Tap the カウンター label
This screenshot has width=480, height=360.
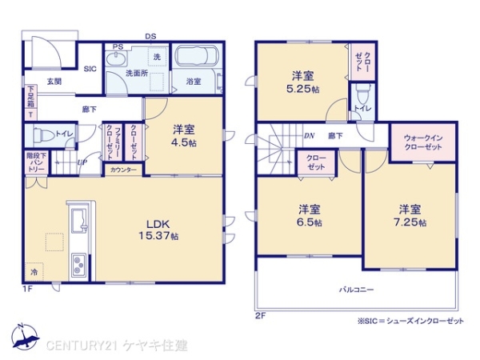(x=122, y=170)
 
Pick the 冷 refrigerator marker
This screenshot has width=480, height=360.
(x=34, y=273)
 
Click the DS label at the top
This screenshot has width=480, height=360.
(x=150, y=36)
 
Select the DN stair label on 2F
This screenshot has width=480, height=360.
(x=309, y=136)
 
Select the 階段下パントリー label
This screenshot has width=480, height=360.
(x=37, y=162)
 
